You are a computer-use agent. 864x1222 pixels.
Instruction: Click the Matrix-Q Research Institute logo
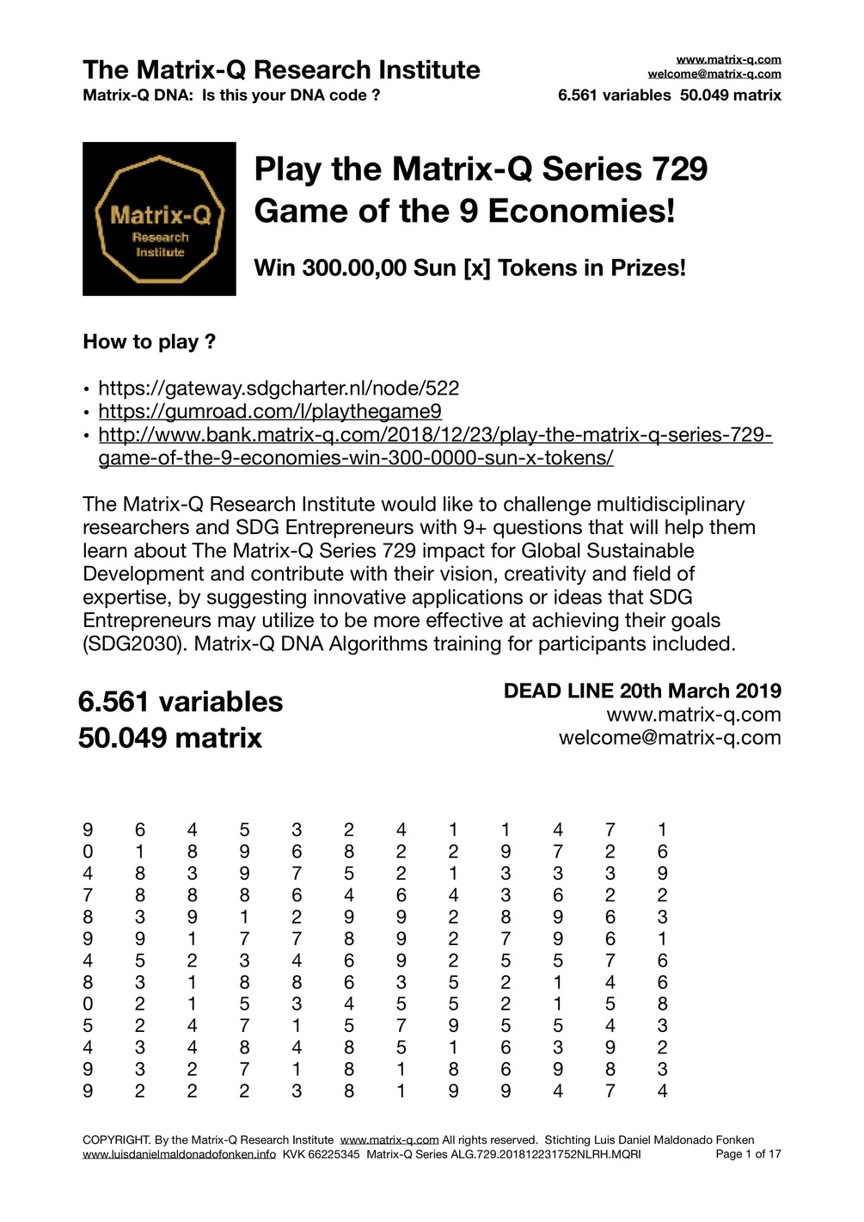159,219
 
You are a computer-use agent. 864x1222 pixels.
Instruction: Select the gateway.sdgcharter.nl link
279,388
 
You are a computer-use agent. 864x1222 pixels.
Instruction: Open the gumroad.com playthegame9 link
270,411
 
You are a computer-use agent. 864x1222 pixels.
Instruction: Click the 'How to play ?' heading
149,341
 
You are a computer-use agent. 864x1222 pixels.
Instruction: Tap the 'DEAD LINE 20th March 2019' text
642,691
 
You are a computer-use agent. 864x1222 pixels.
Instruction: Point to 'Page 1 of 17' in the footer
748,1154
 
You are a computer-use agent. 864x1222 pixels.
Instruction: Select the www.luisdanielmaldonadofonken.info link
179,1154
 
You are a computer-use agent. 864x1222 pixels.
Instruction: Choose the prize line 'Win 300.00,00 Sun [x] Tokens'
469,267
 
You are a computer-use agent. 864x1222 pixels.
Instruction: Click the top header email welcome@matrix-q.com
714,74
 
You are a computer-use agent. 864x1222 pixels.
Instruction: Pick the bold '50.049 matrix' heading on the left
170,738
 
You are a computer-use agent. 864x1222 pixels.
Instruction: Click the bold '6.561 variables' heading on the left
181,702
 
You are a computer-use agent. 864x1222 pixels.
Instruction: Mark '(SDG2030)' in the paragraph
135,643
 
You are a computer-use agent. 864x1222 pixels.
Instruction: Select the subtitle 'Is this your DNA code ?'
291,95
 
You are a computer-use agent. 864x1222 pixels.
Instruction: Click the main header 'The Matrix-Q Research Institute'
281,69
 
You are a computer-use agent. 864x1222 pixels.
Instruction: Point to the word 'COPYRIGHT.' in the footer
116,1140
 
